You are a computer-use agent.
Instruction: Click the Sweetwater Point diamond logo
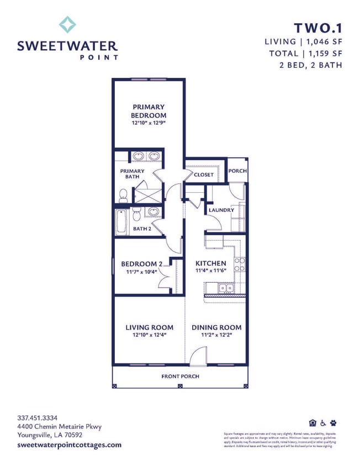[67, 25]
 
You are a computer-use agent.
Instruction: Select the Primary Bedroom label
[148, 111]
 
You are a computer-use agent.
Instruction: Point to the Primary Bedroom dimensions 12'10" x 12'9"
[148, 123]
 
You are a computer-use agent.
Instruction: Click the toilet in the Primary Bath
[123, 195]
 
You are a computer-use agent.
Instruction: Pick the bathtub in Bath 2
[122, 221]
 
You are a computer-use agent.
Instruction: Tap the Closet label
[203, 175]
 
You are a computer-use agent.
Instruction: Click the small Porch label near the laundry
[237, 171]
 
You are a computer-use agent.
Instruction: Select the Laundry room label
[221, 210]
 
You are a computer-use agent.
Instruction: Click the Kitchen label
[211, 263]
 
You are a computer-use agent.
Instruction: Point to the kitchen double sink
[225, 288]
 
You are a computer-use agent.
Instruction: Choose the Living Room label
[149, 327]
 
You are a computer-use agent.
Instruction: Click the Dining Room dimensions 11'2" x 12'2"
[216, 335]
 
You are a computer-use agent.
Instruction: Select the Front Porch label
[180, 377]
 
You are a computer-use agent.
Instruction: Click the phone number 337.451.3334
[38, 418]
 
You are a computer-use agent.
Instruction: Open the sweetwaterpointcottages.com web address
[69, 445]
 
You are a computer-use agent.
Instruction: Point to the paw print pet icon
[333, 423]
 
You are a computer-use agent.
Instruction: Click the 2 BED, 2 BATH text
[311, 65]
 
